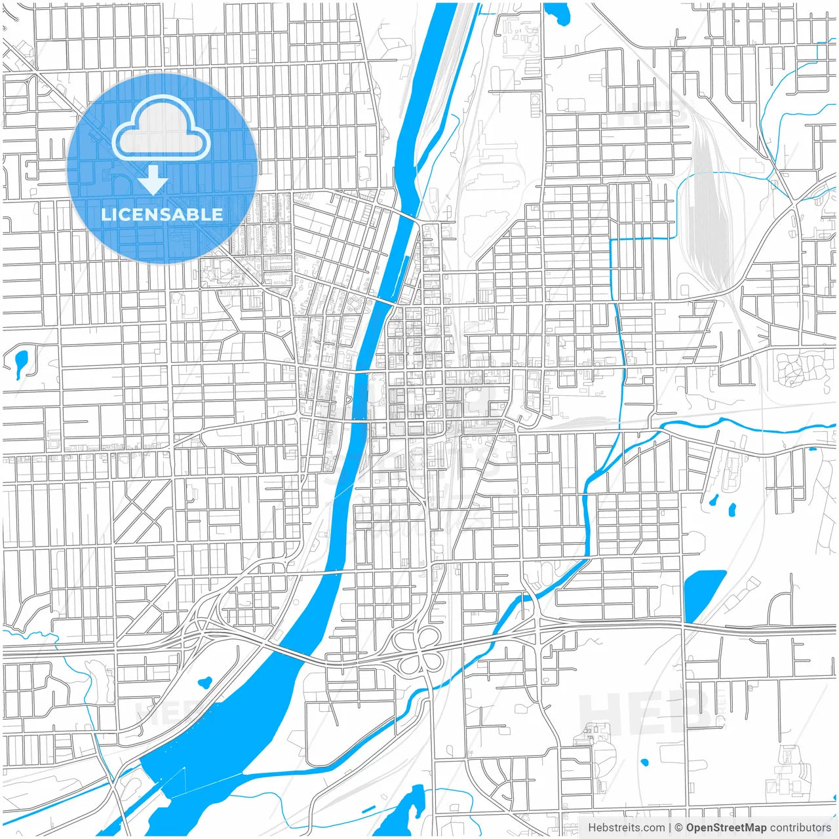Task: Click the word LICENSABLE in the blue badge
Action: click(x=161, y=214)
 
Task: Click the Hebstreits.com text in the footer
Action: click(x=626, y=828)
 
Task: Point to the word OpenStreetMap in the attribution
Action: click(x=726, y=828)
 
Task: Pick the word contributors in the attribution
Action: click(x=800, y=828)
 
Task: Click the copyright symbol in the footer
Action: click(x=678, y=828)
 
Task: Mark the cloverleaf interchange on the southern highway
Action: click(x=419, y=649)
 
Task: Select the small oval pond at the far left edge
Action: click(x=21, y=361)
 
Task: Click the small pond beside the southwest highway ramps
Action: click(x=205, y=681)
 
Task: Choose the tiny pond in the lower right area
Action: click(x=644, y=762)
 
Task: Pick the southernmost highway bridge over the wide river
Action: click(x=288, y=652)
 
